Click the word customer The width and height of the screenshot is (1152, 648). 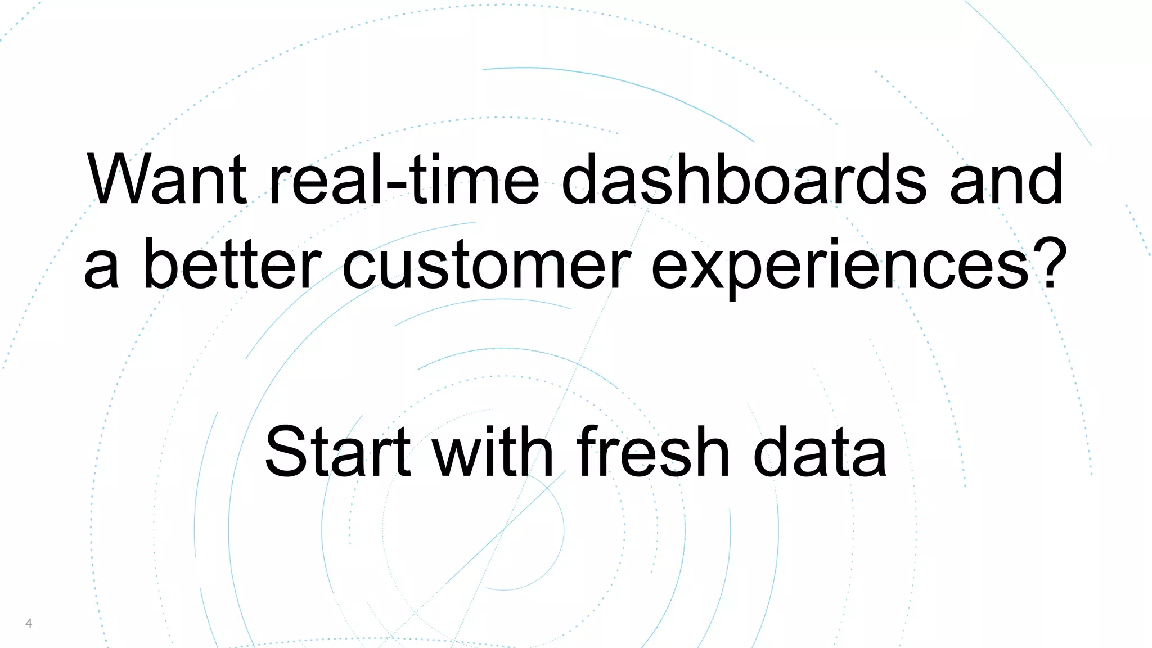point(486,264)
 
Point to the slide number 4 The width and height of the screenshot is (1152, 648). point(29,623)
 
